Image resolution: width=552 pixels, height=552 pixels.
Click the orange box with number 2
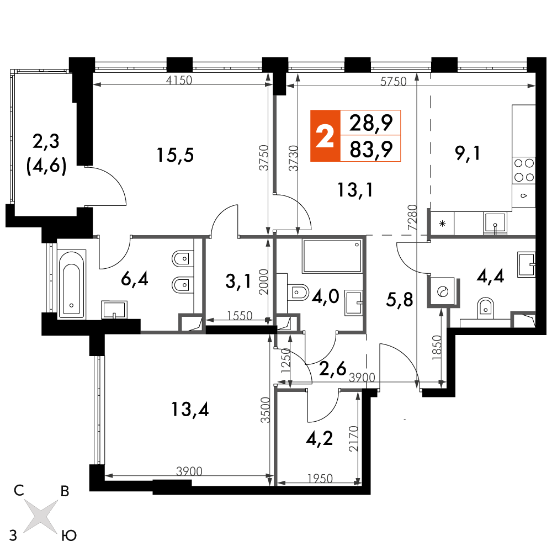click(325, 136)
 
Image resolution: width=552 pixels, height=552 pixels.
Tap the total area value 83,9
click(371, 149)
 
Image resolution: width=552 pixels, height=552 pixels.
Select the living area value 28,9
click(371, 123)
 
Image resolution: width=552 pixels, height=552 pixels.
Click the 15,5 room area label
click(176, 155)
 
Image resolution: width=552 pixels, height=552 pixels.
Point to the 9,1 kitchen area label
click(468, 153)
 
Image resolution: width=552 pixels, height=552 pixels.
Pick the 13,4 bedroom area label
click(190, 410)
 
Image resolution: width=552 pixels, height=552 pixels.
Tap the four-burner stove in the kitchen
click(524, 169)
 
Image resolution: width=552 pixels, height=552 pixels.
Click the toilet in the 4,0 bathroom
click(298, 292)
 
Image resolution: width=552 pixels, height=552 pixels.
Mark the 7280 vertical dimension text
click(412, 217)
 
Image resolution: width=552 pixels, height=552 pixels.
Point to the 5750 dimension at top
click(394, 82)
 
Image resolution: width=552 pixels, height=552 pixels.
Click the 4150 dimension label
click(179, 80)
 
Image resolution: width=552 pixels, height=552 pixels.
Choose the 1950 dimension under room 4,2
click(320, 479)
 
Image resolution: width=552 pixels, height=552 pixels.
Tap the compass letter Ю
click(69, 536)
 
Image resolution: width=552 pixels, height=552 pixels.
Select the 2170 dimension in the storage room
click(353, 439)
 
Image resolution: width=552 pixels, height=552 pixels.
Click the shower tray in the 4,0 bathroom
click(332, 256)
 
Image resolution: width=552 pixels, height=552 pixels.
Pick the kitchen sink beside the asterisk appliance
click(495, 223)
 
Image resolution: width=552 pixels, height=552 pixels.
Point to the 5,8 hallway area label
click(400, 300)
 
